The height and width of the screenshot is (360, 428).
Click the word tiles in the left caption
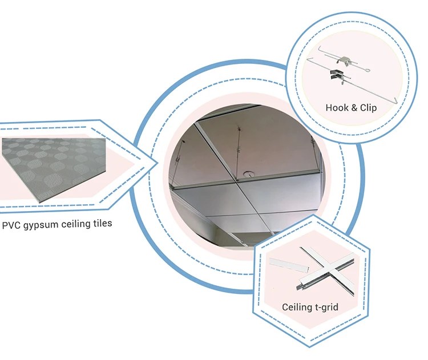tap(100, 224)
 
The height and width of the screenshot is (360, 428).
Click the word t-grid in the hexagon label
tap(326, 308)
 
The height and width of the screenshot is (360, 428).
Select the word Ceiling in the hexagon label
tap(297, 308)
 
